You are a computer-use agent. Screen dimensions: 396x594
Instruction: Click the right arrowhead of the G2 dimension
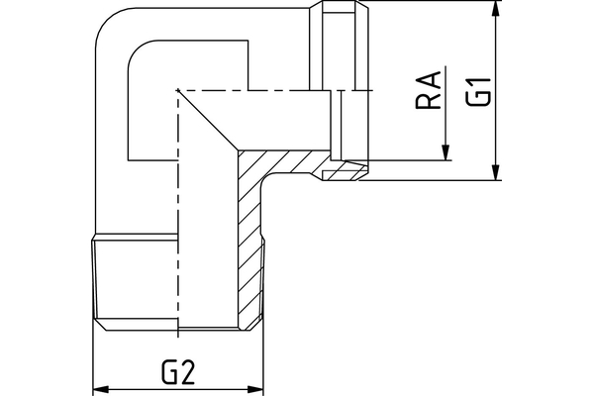(259, 387)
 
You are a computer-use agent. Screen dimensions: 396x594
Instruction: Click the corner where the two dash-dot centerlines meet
(176, 91)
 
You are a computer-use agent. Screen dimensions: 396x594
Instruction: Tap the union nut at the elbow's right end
(346, 89)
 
